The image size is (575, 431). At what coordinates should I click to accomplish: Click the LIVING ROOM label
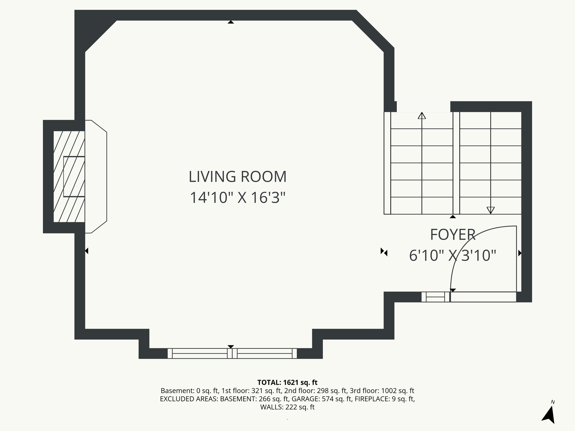tap(238, 177)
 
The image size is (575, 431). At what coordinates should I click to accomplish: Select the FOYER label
tap(453, 235)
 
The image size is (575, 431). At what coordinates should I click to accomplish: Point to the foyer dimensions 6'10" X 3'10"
tap(453, 256)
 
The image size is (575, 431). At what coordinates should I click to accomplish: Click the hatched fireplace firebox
tap(69, 176)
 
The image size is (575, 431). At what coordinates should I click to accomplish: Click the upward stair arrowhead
tap(422, 116)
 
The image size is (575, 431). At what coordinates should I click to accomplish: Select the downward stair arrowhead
tap(490, 210)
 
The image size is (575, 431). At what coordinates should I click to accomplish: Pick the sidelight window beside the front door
tap(435, 297)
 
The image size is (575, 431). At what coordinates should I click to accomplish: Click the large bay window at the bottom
tap(232, 353)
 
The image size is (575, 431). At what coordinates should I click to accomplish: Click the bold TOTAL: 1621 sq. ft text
tap(287, 382)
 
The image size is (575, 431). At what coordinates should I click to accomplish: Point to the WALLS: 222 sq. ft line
tap(287, 407)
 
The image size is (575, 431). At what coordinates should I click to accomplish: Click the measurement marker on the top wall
tap(231, 22)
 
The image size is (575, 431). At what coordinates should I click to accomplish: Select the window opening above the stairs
tap(423, 107)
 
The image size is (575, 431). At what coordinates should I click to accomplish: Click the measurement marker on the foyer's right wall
tap(519, 253)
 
